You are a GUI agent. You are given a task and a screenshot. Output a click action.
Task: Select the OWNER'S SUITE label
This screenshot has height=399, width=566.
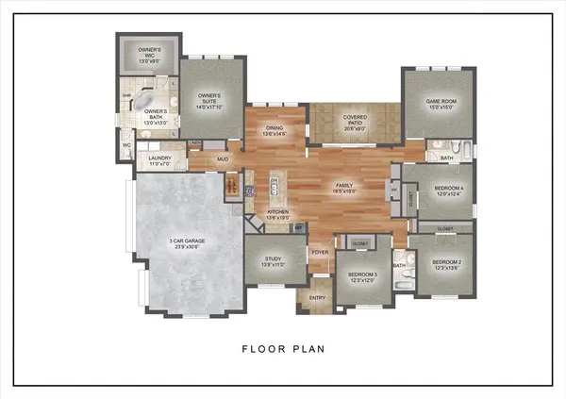[x=208, y=101]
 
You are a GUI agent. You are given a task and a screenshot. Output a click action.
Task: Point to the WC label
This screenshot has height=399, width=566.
[x=126, y=145]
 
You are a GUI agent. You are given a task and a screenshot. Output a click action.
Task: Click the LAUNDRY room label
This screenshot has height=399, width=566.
[x=159, y=161]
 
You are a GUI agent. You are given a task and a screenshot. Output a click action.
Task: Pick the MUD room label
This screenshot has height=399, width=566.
[x=223, y=159]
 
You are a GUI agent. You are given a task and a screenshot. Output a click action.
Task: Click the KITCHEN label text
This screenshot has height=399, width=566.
[x=277, y=214]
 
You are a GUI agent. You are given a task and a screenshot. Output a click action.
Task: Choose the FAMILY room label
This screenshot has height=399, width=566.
[x=346, y=187]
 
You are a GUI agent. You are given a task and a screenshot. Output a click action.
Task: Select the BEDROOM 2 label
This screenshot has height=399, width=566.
[x=446, y=264]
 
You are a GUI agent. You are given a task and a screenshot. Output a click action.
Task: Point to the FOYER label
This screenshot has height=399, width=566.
[x=321, y=253]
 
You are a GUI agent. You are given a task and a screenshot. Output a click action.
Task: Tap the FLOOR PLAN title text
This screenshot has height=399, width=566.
[x=283, y=349]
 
